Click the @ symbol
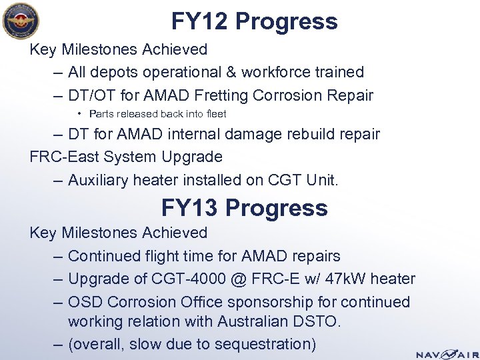[x=244, y=279]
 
